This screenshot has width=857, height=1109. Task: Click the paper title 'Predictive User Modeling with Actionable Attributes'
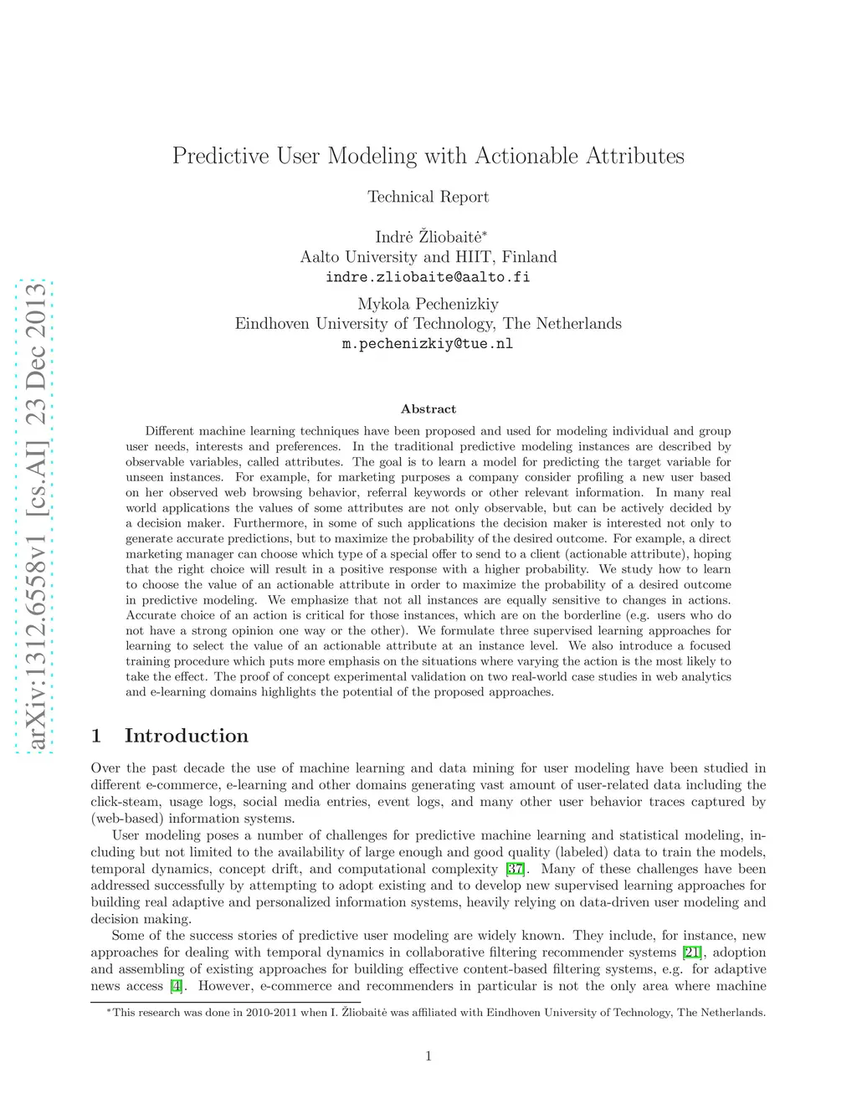coord(428,156)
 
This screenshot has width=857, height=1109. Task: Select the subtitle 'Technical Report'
coord(428,197)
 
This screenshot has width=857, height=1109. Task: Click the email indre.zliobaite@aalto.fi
coord(428,277)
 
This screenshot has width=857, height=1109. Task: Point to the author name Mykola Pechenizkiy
coord(428,304)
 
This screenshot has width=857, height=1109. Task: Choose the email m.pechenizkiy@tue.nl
coord(428,344)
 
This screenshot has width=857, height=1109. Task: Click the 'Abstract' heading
coord(428,409)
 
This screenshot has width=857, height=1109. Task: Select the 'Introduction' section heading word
coord(186,736)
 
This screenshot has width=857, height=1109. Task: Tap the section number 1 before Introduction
coord(96,736)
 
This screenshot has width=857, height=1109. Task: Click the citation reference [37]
coord(516,869)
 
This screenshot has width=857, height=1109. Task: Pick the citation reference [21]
coord(692,952)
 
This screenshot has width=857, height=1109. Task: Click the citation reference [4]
coord(176,986)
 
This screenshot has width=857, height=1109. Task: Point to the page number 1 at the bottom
coord(428,1056)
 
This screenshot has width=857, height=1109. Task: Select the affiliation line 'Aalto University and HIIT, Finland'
coord(428,257)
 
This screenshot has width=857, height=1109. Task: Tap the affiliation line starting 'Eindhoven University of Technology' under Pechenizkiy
coord(428,324)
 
